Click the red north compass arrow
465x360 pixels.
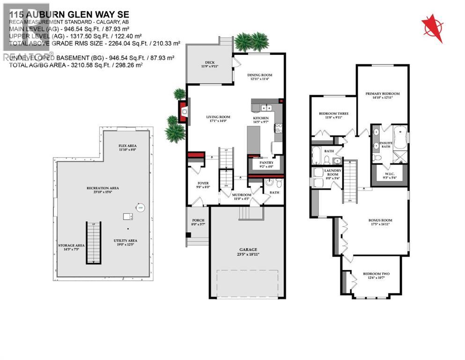coord(432,29)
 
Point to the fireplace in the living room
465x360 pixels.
coord(184,112)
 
